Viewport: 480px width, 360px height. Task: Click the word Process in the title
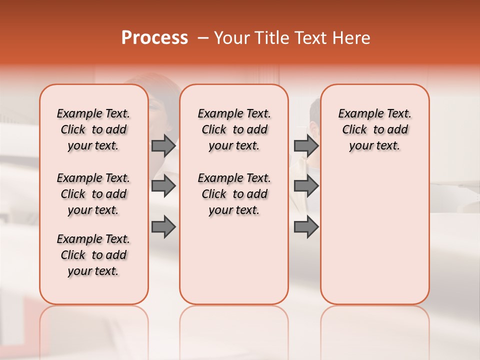point(154,38)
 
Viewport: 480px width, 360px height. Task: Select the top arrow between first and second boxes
point(163,145)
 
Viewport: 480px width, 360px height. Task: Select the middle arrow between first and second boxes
point(163,186)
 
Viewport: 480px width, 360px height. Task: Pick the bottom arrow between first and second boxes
point(163,227)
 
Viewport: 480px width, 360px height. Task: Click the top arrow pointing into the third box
point(306,145)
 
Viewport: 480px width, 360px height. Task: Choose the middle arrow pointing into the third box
point(306,186)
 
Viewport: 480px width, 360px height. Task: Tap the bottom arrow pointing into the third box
point(306,227)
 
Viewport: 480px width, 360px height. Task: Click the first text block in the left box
point(93,129)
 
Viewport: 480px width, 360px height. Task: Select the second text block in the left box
point(93,194)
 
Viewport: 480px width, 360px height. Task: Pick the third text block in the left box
point(93,255)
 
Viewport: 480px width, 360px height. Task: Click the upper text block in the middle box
point(234,129)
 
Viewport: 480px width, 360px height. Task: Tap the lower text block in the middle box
point(234,194)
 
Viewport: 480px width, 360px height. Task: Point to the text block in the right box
point(374,129)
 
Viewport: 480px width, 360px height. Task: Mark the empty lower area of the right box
point(374,235)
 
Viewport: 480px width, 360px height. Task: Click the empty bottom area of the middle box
point(234,265)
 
